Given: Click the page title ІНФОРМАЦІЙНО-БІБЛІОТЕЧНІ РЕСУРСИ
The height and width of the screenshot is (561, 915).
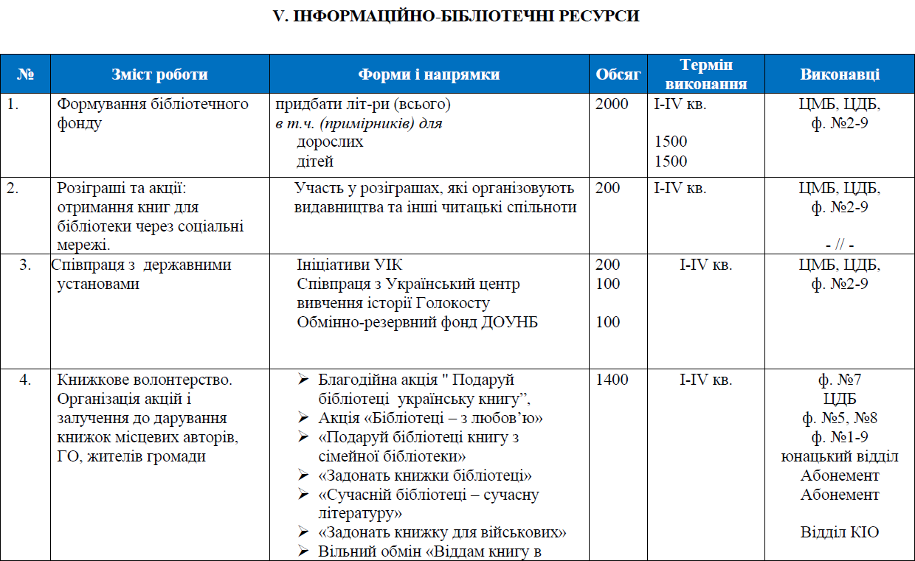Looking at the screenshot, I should click(x=456, y=15).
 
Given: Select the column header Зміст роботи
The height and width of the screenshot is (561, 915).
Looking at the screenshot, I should click(x=159, y=74).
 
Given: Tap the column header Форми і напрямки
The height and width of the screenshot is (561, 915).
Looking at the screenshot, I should click(x=429, y=74).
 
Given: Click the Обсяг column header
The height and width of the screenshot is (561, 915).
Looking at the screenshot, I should click(x=618, y=74).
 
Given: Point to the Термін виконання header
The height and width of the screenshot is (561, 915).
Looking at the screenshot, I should click(x=706, y=74).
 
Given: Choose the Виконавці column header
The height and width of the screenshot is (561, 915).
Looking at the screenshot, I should click(x=839, y=74).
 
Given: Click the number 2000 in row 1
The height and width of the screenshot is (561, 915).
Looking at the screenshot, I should click(x=612, y=104).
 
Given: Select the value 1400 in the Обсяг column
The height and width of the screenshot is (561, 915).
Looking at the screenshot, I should click(x=612, y=380).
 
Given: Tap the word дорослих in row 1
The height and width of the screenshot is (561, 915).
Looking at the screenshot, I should click(x=330, y=142).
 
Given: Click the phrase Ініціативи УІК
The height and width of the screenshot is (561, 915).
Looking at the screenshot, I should click(x=350, y=265).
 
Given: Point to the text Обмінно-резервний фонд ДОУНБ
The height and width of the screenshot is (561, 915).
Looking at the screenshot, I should click(x=418, y=322).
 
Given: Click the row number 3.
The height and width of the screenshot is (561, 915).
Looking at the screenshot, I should click(x=25, y=265).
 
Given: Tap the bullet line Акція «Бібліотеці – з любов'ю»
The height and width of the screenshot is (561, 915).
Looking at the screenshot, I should click(x=430, y=418).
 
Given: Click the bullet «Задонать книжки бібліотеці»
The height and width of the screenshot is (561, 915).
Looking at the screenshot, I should click(x=425, y=475).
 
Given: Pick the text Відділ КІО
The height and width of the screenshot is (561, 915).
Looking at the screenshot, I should click(x=840, y=532).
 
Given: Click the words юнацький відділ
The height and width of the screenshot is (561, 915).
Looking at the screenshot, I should click(x=840, y=456).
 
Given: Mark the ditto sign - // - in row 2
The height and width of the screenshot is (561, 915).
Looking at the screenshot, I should click(x=840, y=245).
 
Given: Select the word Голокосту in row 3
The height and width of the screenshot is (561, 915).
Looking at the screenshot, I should click(x=457, y=303).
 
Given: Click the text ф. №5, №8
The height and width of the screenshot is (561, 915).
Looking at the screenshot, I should click(x=840, y=418).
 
